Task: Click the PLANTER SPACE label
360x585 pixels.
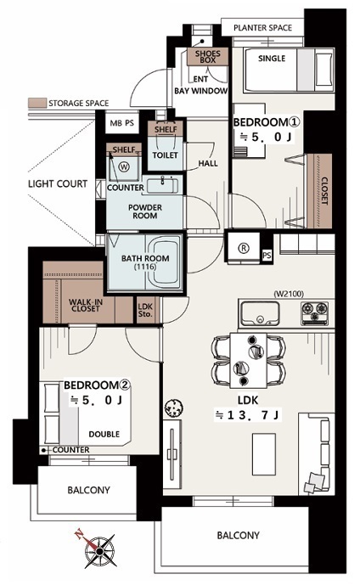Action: pos(262,28)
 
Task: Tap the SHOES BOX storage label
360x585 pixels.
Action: pos(208,57)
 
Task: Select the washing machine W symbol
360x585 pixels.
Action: pos(124,166)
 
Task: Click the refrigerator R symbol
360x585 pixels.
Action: pos(244,248)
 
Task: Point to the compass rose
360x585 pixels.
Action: pos(98,550)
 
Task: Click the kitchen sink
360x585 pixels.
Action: pos(260,313)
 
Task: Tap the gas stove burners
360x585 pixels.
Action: pos(314,312)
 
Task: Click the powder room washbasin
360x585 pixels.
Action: pos(162,185)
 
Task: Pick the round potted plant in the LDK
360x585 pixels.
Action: pos(173,408)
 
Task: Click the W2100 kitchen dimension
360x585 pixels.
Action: pos(289,294)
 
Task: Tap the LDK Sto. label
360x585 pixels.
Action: pos(145,310)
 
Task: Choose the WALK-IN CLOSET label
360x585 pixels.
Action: pos(86,305)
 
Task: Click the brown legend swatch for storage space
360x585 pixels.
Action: pos(37,103)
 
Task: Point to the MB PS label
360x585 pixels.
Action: pos(121,123)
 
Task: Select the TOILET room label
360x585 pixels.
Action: pos(165,155)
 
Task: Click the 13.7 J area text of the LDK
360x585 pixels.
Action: pos(247,415)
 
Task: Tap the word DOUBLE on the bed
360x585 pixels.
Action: pos(104,434)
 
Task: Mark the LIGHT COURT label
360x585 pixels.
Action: pos(58,183)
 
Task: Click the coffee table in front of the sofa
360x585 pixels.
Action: pos(264,454)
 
